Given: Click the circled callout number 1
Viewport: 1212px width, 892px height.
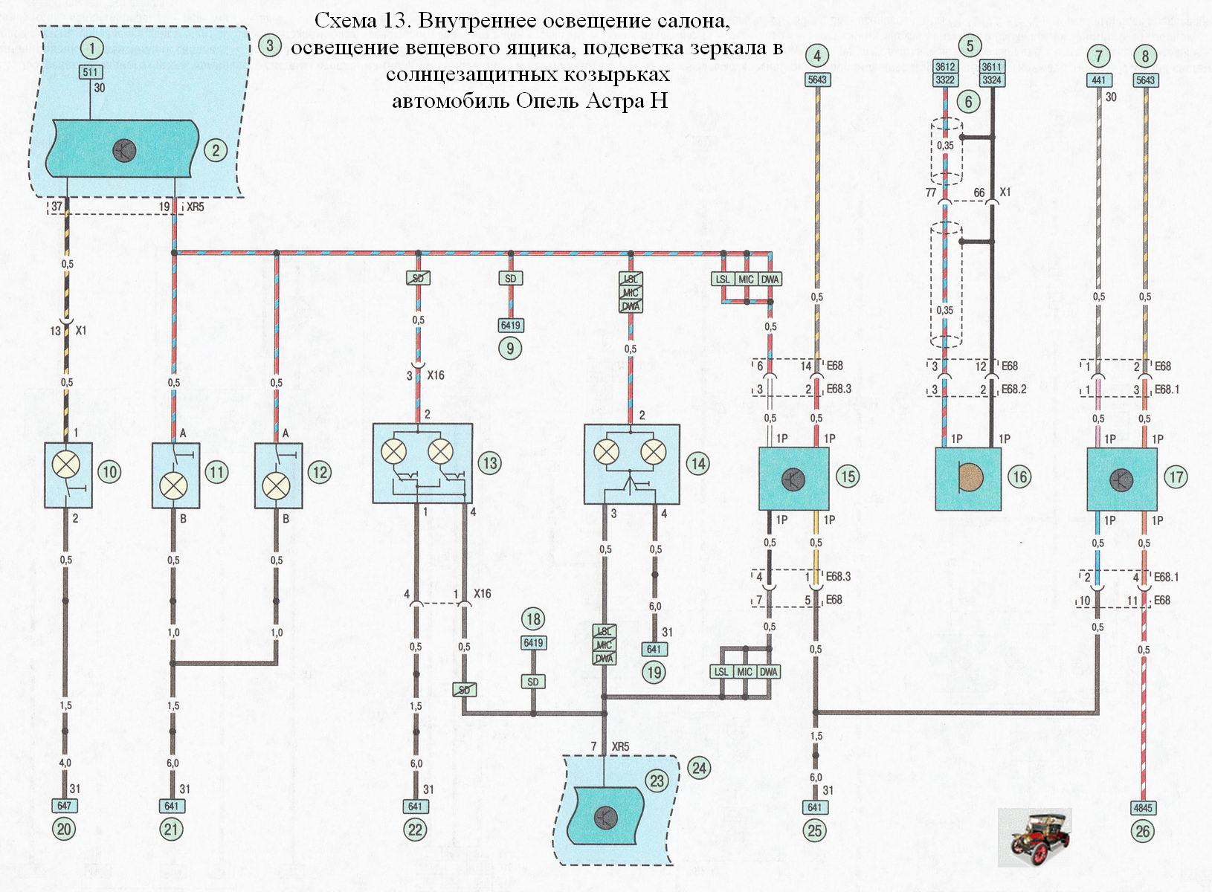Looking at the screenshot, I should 92,48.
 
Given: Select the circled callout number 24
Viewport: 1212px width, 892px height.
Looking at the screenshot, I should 699,768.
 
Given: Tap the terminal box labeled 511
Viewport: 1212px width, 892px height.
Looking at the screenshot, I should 92,72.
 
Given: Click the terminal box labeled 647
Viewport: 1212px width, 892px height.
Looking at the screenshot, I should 64,806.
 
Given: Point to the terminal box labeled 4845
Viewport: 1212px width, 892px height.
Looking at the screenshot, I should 1143,807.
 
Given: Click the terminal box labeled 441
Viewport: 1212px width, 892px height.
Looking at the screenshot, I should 1098,80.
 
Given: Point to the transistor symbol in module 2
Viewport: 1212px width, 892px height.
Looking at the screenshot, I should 124,151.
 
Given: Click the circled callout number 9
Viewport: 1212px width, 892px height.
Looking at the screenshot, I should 510,348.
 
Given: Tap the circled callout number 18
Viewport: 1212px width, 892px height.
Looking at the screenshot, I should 533,619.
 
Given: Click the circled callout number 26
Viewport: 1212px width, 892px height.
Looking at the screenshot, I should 1143,830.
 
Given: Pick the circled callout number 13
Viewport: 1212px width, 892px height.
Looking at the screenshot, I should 490,463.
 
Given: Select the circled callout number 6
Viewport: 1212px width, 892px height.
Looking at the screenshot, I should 969,100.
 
